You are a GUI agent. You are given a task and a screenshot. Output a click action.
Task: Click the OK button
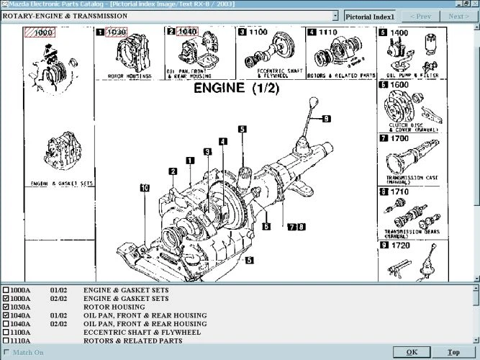point(411,352)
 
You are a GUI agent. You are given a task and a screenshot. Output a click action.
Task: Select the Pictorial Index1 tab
point(370,16)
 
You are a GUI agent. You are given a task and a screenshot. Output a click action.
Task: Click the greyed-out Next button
point(458,16)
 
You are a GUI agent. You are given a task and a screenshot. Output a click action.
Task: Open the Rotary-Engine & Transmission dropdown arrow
point(335,16)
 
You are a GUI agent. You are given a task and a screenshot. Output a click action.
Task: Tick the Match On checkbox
point(6,352)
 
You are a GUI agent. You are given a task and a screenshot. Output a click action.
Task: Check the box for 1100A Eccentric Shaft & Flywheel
point(6,333)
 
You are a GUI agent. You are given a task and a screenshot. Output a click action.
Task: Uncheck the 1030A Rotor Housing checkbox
point(6,307)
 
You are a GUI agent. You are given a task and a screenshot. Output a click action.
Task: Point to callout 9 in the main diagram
point(325,118)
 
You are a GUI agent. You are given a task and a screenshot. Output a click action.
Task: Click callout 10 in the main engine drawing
point(145,187)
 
